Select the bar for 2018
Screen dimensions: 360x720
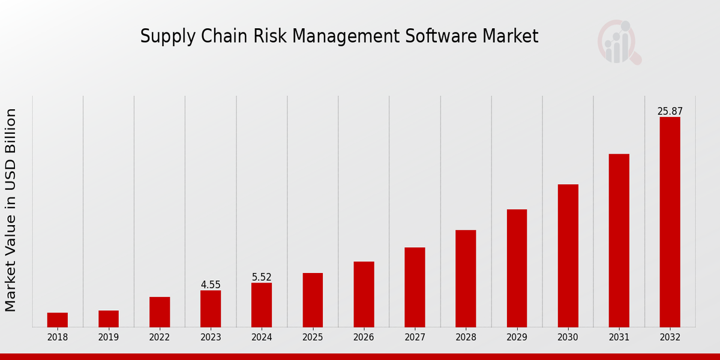coord(58,320)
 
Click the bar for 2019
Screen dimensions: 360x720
coord(109,319)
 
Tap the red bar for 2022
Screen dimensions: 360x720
coord(160,312)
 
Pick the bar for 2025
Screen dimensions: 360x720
coord(313,300)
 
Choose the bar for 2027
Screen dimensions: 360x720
coord(415,287)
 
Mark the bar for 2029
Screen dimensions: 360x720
coord(517,268)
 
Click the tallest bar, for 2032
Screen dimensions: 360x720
coord(670,222)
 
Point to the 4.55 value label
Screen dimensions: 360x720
coord(211,285)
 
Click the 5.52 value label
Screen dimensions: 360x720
coord(262,277)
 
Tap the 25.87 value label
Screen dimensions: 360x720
coord(670,112)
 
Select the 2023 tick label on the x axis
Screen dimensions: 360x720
coord(211,338)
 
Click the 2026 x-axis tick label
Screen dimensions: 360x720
coord(364,338)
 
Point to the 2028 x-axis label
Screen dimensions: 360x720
coord(466,338)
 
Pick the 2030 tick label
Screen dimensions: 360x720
coord(568,338)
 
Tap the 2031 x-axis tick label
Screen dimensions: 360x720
coord(619,338)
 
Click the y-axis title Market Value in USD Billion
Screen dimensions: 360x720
coord(11,210)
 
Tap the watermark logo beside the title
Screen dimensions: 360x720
coord(619,42)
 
